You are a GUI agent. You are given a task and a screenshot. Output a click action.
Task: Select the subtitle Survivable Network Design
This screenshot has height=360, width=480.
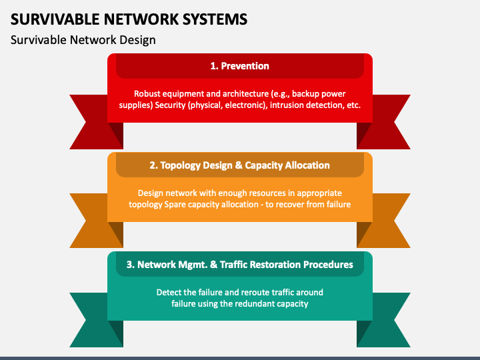click(83, 40)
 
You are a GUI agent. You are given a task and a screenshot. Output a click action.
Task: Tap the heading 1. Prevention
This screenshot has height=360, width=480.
click(239, 66)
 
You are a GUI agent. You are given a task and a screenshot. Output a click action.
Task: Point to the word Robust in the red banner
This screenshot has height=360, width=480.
click(147, 94)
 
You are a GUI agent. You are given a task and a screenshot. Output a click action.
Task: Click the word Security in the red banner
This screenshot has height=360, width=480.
click(173, 105)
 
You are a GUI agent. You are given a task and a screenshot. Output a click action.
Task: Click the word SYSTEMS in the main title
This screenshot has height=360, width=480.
click(213, 19)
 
